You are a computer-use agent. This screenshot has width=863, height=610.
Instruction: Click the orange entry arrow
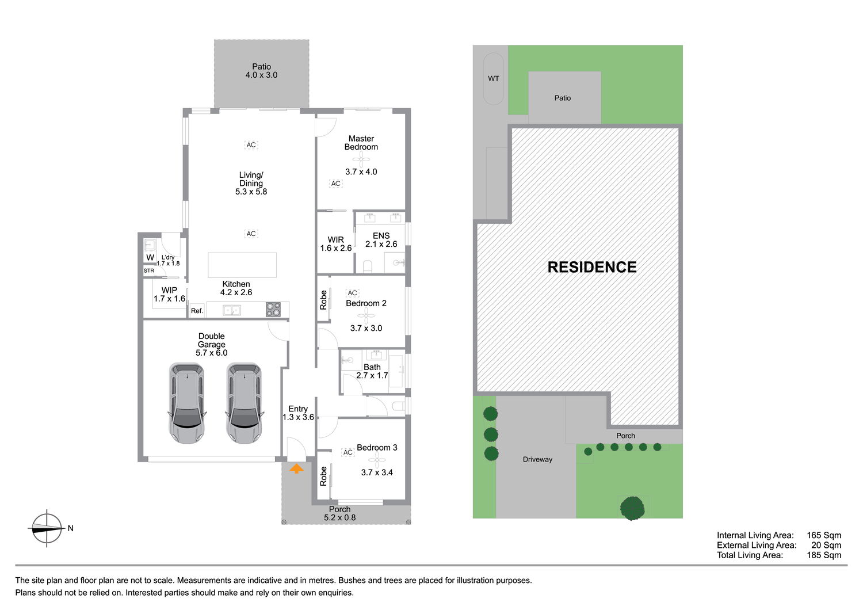point(296,468)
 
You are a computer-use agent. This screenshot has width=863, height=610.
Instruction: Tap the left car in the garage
point(187,403)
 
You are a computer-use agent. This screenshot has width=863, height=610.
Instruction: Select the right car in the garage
point(245,403)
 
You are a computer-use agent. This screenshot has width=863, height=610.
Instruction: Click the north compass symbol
point(47,528)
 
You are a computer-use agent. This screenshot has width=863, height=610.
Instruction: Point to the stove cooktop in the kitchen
point(273,310)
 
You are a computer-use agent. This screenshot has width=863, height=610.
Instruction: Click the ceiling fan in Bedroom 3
point(377,460)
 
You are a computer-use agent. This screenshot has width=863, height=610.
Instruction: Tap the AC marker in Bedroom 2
point(352,293)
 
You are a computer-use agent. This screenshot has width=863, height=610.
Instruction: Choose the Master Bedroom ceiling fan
point(361,159)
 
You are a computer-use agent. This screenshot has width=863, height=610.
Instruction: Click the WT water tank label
point(494,79)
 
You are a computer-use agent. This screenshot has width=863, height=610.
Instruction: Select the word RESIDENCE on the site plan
point(592,267)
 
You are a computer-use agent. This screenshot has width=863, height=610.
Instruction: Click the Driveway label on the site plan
point(537,459)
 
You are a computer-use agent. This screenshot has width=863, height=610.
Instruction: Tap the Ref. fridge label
point(197,311)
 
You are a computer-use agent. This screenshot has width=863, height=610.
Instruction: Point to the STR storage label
point(148,270)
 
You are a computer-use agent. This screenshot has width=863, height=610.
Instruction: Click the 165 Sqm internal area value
point(824,535)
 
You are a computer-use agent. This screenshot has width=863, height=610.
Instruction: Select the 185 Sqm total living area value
point(824,555)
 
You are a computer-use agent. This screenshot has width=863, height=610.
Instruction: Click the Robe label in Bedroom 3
point(323,476)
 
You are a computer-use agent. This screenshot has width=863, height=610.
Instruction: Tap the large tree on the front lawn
point(632,508)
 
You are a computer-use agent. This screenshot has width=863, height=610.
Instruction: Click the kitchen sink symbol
point(231,310)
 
